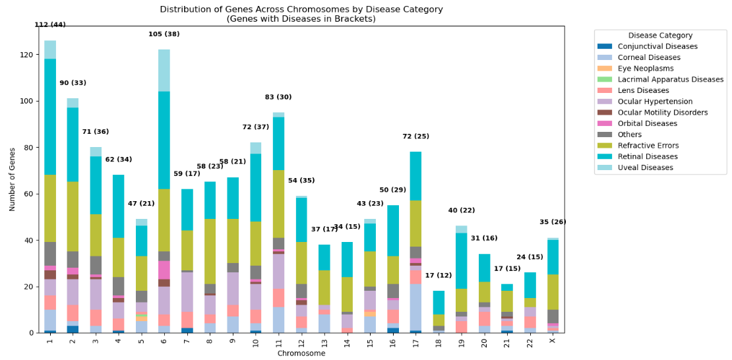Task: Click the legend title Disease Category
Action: pyautogui.click(x=659, y=36)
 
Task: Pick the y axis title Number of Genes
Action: pyautogui.click(x=12, y=179)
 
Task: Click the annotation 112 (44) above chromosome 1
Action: pyautogui.click(x=50, y=25)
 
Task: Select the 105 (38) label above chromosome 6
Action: pyautogui.click(x=164, y=34)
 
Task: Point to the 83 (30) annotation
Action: pyautogui.click(x=278, y=97)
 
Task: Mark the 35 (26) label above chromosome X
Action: pyautogui.click(x=553, y=222)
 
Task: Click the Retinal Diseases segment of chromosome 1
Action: pyautogui.click(x=50, y=117)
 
